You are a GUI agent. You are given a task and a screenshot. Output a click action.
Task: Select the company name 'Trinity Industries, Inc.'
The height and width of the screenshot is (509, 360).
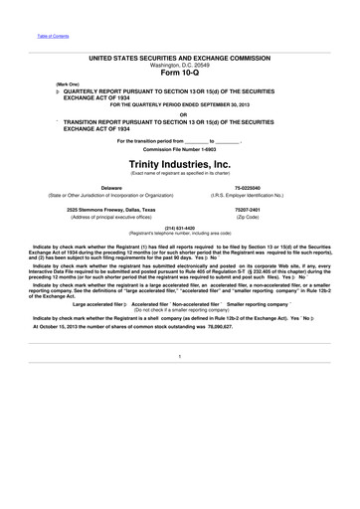179,163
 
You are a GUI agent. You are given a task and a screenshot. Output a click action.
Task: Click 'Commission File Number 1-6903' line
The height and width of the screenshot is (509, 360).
179,148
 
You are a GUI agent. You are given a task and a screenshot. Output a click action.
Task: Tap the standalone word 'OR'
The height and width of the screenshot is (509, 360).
180,114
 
